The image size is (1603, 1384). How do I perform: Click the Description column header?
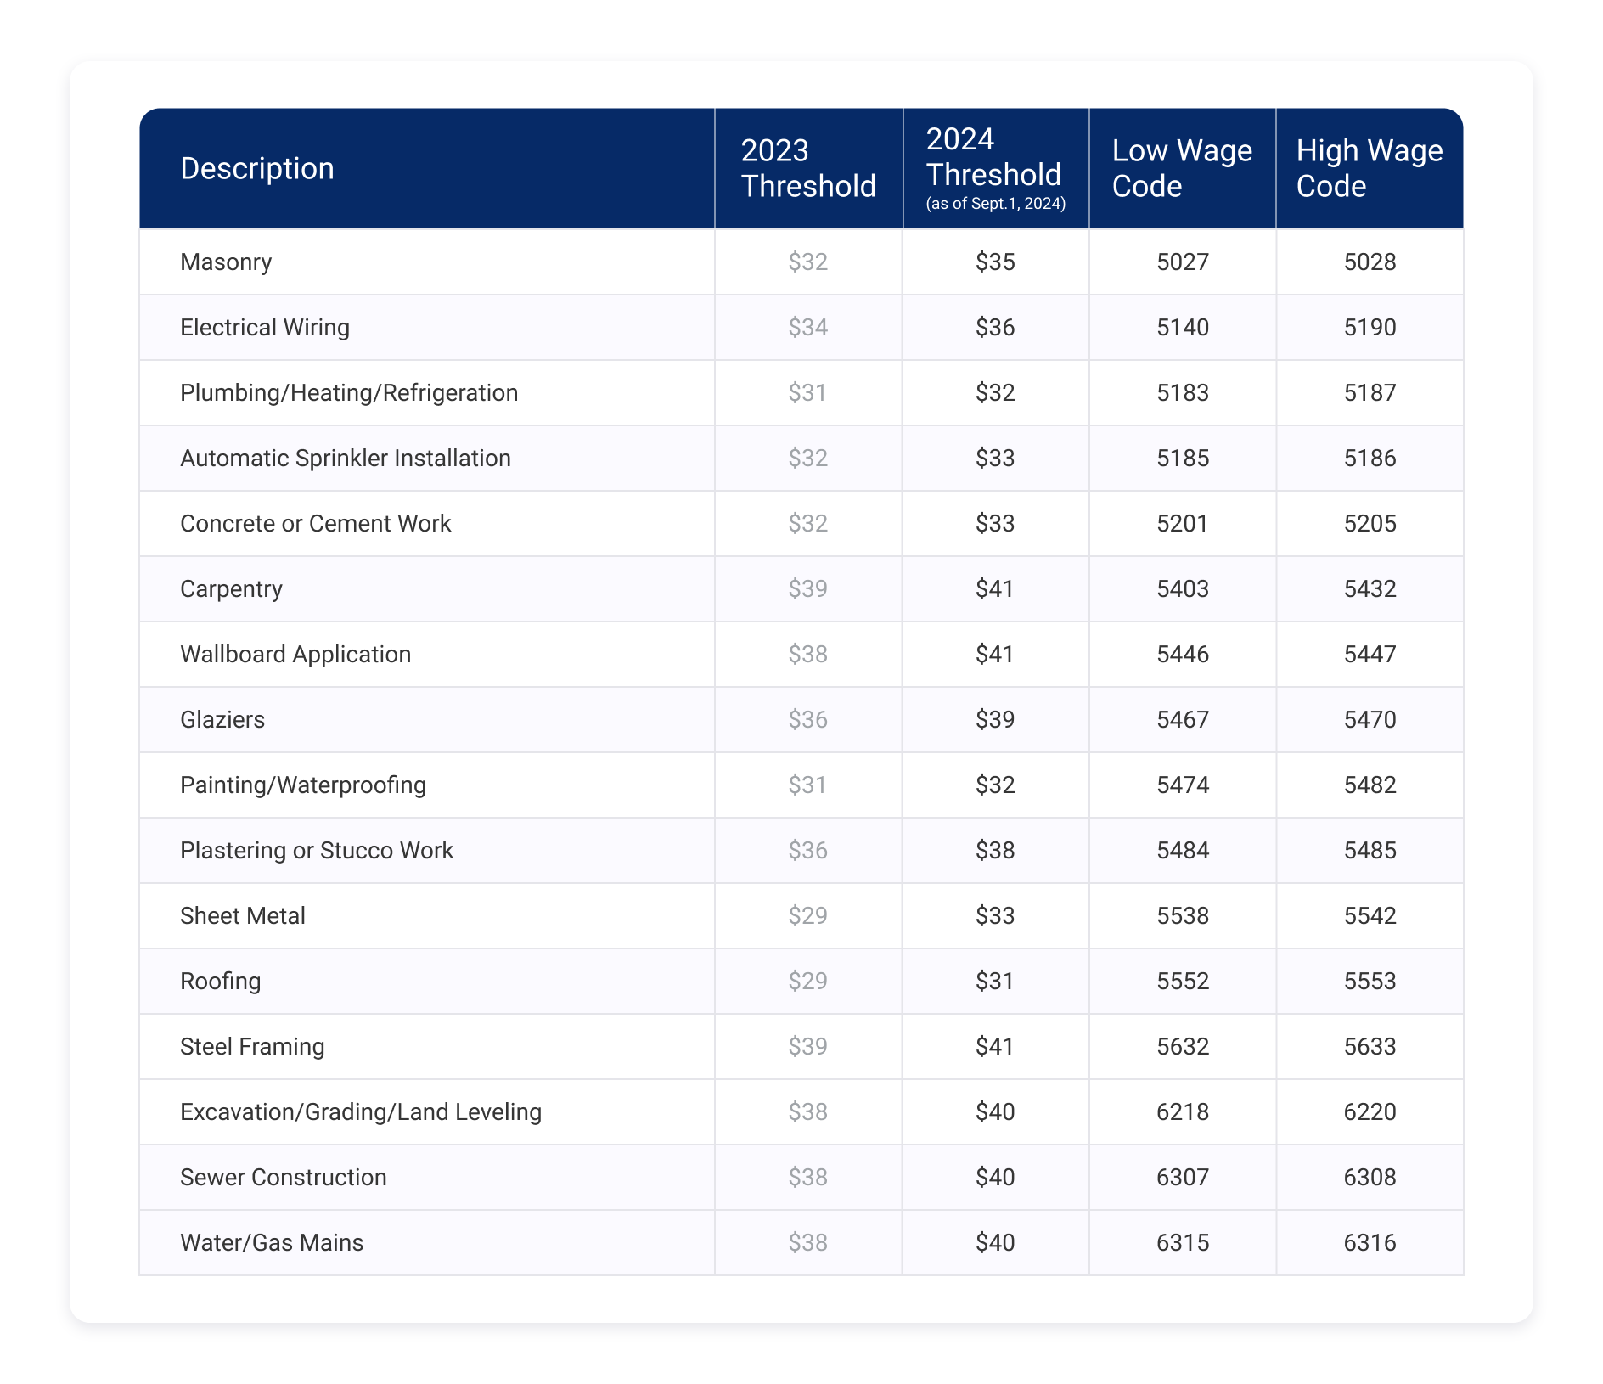[257, 168]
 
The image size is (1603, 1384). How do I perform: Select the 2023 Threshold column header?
[807, 168]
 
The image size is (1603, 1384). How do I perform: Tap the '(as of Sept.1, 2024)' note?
[995, 204]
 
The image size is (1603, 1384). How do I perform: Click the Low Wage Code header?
[1181, 168]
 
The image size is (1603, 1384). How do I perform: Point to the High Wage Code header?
[1369, 168]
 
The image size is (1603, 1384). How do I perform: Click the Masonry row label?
[226, 262]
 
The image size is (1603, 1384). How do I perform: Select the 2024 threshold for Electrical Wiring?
[995, 327]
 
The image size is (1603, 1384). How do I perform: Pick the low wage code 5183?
[1182, 392]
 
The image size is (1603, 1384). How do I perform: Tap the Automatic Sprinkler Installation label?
[345, 458]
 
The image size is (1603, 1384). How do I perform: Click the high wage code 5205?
[1370, 523]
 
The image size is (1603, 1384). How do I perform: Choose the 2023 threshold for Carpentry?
[807, 588]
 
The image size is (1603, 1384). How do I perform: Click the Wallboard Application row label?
[295, 654]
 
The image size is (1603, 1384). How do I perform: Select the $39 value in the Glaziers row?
[995, 719]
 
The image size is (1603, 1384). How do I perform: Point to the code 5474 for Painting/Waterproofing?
[1182, 785]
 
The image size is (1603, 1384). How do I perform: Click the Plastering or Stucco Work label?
[316, 850]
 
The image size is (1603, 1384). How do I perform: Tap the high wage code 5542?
[1370, 915]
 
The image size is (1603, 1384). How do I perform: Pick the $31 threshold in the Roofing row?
[995, 981]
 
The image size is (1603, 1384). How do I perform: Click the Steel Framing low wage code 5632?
[1182, 1046]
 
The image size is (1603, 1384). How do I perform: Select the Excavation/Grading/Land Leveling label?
[360, 1111]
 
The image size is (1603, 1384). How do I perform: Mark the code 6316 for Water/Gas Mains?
[1370, 1242]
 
